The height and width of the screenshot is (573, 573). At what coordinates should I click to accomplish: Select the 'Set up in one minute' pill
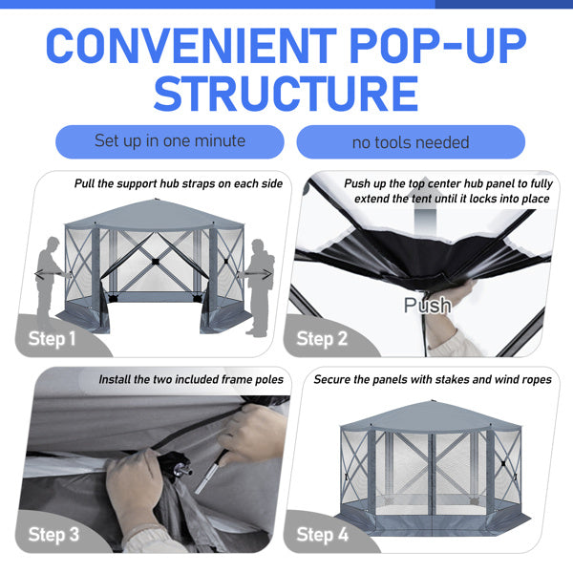click(169, 141)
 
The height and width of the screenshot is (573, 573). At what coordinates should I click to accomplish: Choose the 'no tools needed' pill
click(411, 142)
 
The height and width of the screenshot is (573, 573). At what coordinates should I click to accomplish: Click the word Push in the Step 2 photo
click(427, 306)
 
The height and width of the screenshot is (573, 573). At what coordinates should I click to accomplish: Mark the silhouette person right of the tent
click(258, 286)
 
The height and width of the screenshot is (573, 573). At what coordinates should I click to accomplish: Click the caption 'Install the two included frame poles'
click(191, 379)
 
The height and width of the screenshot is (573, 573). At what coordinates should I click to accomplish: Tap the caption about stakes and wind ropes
click(433, 379)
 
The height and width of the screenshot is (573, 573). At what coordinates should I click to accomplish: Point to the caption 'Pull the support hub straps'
click(179, 183)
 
